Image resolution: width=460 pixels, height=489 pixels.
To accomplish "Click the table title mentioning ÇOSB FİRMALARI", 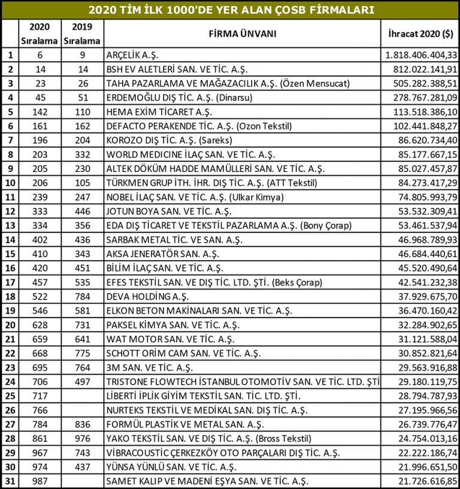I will [x=230, y=10].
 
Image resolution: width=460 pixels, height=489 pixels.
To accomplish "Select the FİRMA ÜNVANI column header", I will [x=242, y=34].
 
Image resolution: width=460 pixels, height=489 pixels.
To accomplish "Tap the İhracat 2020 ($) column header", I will [x=419, y=34].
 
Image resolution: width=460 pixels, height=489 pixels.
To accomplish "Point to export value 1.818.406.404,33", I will [x=419, y=55].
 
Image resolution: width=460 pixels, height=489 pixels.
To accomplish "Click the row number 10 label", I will [x=9, y=183].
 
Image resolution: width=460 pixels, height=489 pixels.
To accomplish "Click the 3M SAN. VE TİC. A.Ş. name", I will [x=149, y=367].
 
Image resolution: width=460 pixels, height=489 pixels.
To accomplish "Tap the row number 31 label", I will [x=9, y=481].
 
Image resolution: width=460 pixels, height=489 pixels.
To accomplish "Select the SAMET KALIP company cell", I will [x=207, y=481].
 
